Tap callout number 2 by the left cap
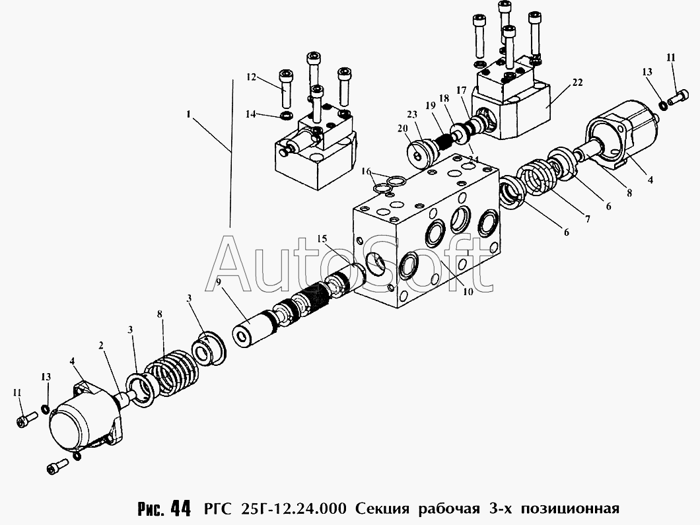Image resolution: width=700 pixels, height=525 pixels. pyautogui.click(x=101, y=345)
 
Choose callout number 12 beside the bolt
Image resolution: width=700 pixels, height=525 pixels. pyautogui.click(x=252, y=77)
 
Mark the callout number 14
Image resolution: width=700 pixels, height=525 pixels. pyautogui.click(x=251, y=114)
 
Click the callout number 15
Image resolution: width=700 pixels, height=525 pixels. pyautogui.click(x=322, y=238)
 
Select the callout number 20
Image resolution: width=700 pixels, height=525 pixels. pyautogui.click(x=402, y=129)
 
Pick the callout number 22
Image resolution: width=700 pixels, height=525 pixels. pyautogui.click(x=577, y=83)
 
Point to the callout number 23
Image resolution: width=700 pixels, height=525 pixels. pyautogui.click(x=412, y=113)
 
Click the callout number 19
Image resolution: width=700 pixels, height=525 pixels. pyautogui.click(x=430, y=105)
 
